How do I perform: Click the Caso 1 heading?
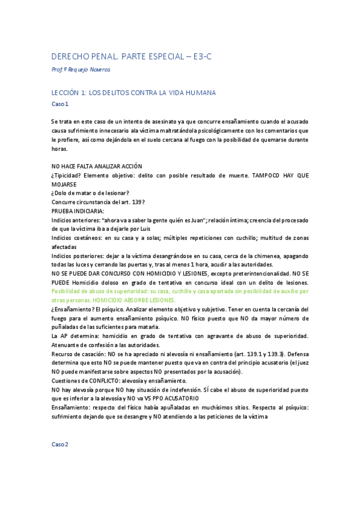click(x=60, y=104)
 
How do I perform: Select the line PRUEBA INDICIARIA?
click(x=78, y=211)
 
